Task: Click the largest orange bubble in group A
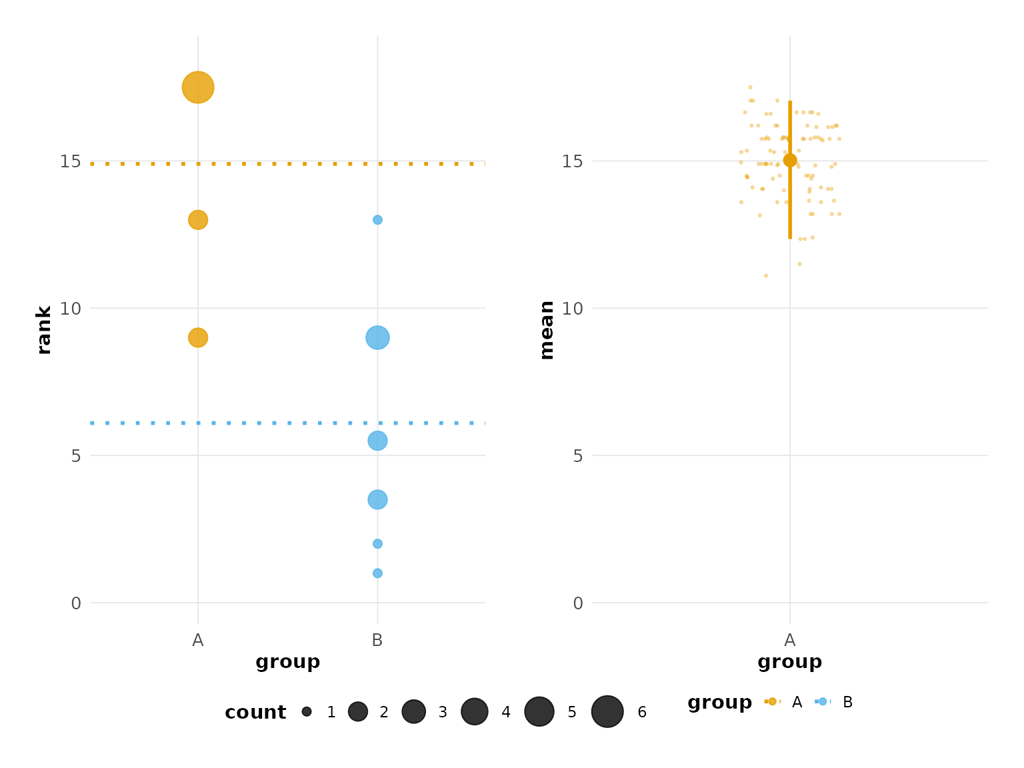click(197, 87)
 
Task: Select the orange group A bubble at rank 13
click(197, 219)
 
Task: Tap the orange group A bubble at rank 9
click(197, 337)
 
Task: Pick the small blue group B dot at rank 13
click(377, 220)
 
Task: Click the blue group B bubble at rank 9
click(377, 337)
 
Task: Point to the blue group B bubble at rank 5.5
click(377, 441)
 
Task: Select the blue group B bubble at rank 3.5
click(377, 499)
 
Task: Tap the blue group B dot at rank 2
click(377, 544)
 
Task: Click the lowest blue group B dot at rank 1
click(377, 573)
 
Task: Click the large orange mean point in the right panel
click(790, 160)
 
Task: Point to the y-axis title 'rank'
click(44, 330)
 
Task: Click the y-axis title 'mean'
click(547, 330)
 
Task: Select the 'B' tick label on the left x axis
click(377, 641)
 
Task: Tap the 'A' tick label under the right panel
click(790, 641)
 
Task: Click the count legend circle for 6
click(607, 711)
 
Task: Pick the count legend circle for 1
click(307, 711)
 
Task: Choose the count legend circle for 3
click(414, 711)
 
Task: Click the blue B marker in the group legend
click(823, 701)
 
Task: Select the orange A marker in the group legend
click(773, 701)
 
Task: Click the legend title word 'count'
click(255, 713)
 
